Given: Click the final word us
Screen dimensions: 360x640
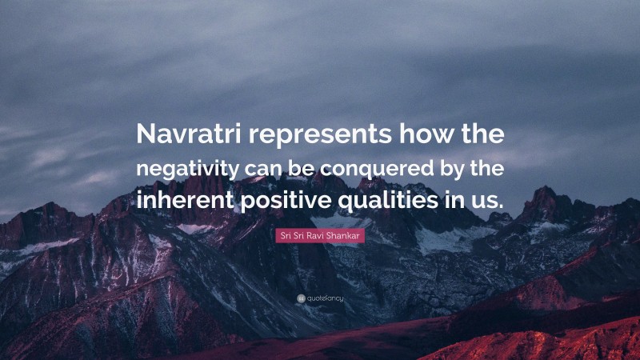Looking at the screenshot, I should point(486,200).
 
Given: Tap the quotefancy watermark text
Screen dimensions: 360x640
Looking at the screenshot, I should point(324,298).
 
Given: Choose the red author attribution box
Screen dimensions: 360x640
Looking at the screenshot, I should point(320,235).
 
